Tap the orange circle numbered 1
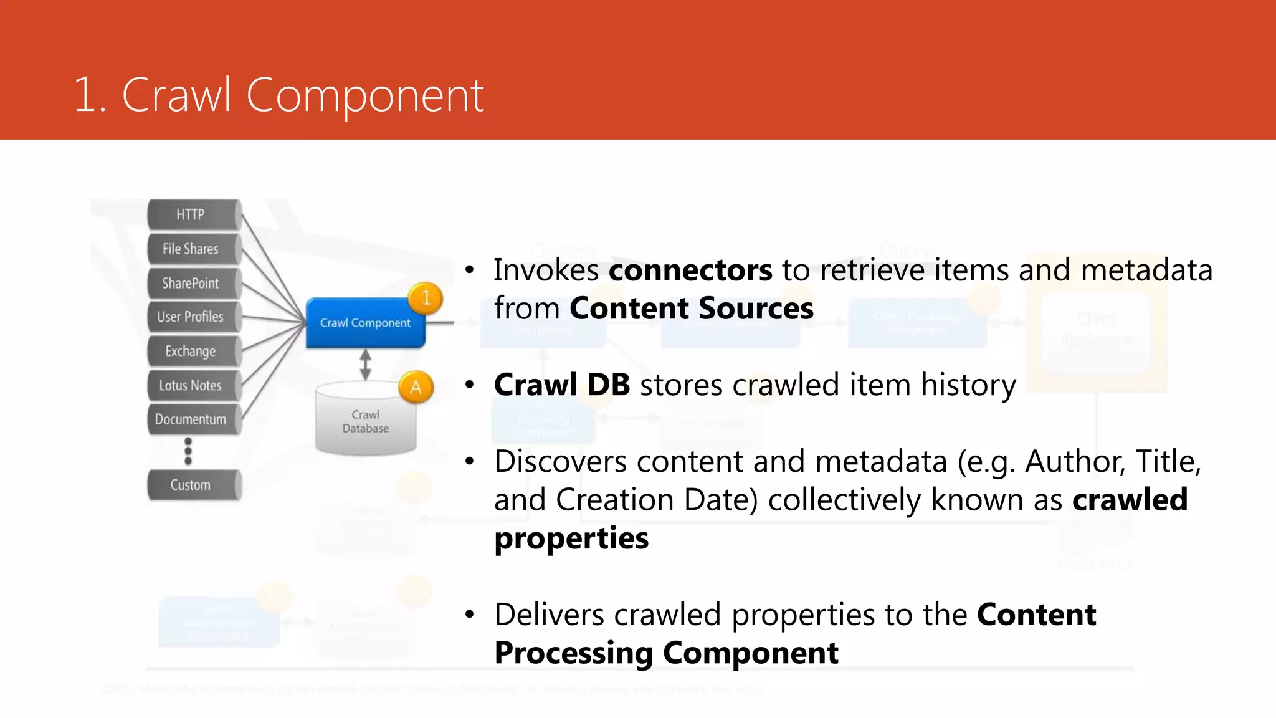coord(426,298)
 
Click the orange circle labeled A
coord(416,388)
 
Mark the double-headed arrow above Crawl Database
coord(366,365)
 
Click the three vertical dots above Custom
coord(188,451)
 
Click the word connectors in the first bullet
coord(690,270)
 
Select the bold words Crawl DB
coord(562,385)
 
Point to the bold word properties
coord(571,538)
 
